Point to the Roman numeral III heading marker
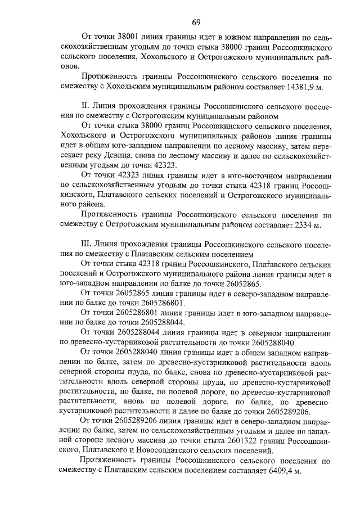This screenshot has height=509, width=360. click(87, 245)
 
